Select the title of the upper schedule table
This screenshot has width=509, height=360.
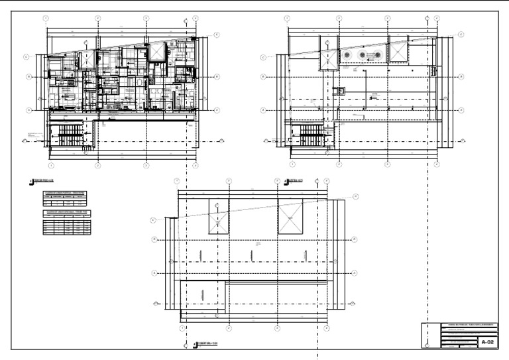66,193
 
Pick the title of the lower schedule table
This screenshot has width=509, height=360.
66,212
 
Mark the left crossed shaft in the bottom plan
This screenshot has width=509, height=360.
219,217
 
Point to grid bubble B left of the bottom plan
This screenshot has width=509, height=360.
153,239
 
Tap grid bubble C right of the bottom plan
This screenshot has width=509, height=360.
355,196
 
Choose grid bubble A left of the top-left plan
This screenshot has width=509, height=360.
28,109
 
